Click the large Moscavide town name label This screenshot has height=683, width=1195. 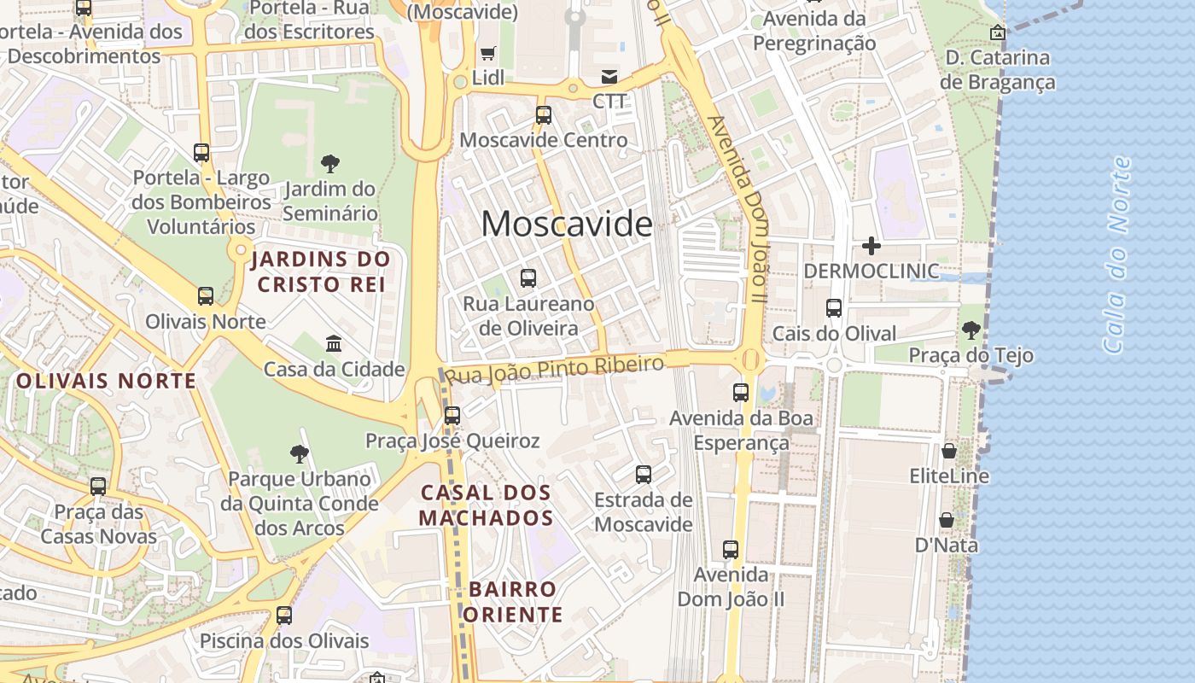[567, 225]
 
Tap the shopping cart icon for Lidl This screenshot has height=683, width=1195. [488, 54]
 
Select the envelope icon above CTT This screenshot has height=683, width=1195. [609, 77]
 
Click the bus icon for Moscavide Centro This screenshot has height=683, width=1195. [544, 114]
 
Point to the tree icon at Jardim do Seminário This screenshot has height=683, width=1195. [330, 164]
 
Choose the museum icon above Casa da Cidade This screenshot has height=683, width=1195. [334, 344]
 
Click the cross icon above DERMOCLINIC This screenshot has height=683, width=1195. [871, 247]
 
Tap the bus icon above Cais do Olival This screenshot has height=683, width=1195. [834, 308]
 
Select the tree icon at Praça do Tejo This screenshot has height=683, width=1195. [971, 330]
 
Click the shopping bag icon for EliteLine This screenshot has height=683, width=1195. [948, 451]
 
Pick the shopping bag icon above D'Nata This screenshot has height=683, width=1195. [947, 520]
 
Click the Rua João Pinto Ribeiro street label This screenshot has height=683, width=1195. [555, 370]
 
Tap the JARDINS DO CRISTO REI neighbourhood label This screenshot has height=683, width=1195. [322, 271]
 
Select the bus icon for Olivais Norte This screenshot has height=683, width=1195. [206, 296]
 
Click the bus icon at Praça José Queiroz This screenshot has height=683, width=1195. [452, 416]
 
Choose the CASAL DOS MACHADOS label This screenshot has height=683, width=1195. [487, 505]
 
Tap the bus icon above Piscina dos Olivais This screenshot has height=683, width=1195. [284, 615]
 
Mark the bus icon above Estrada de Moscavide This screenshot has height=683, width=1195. [644, 474]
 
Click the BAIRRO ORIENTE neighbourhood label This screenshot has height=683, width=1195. [514, 602]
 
